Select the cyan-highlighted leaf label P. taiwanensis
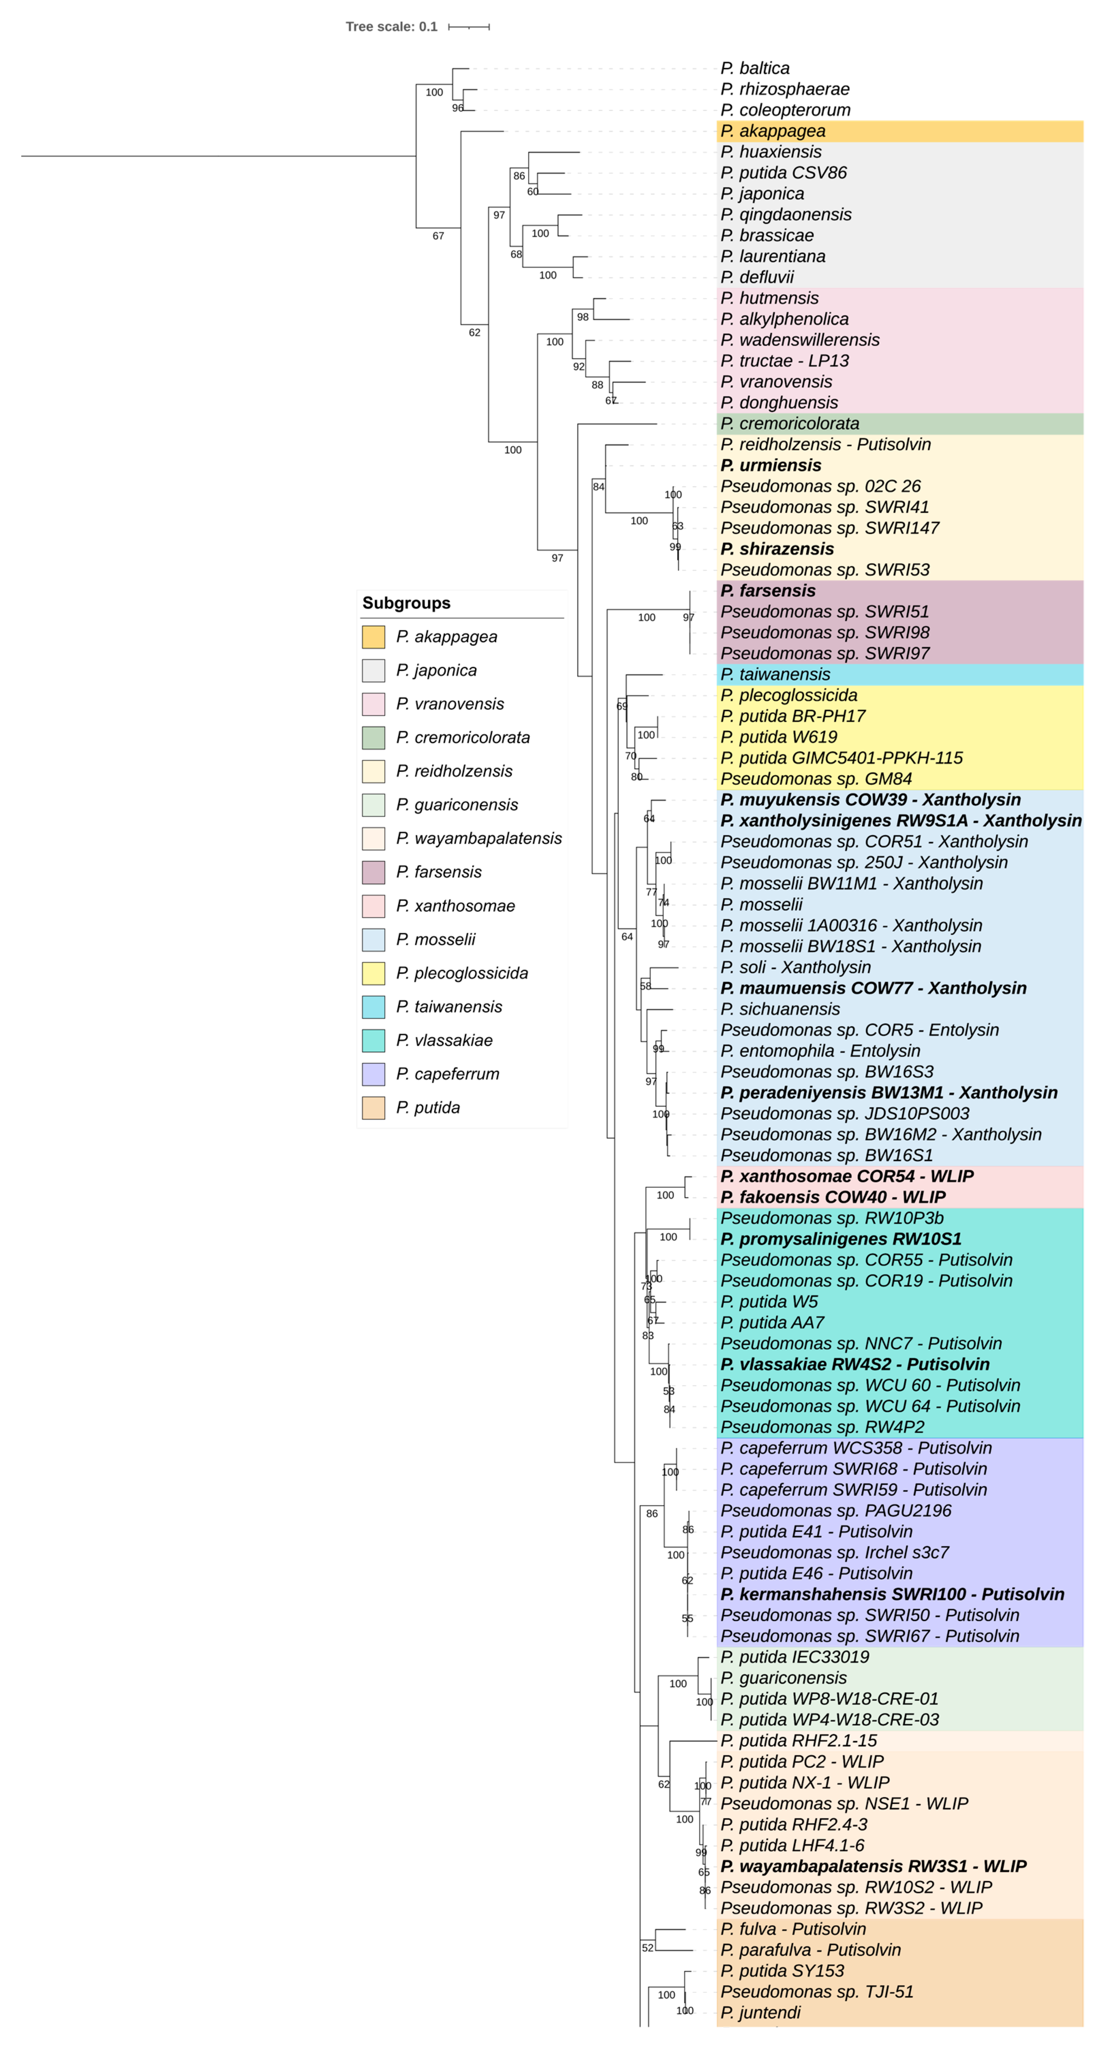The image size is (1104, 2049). [x=775, y=674]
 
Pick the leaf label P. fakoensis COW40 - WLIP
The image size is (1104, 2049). [x=832, y=1197]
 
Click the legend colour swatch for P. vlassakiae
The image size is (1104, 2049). [x=373, y=1040]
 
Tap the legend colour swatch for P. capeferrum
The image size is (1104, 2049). [x=373, y=1074]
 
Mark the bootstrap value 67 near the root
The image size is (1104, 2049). [x=438, y=236]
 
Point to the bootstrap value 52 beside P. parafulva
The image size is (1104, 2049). [x=648, y=1948]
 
